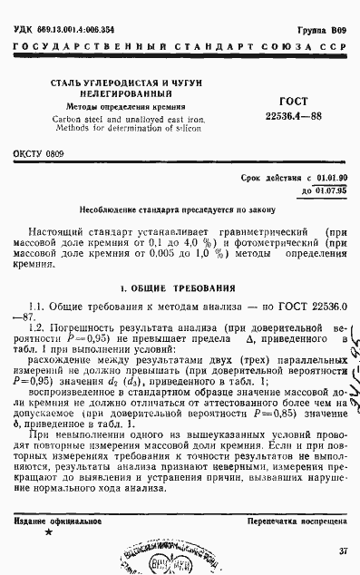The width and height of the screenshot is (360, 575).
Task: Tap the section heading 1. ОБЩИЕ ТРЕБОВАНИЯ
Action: click(180, 287)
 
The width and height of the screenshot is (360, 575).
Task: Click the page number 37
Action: click(343, 551)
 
